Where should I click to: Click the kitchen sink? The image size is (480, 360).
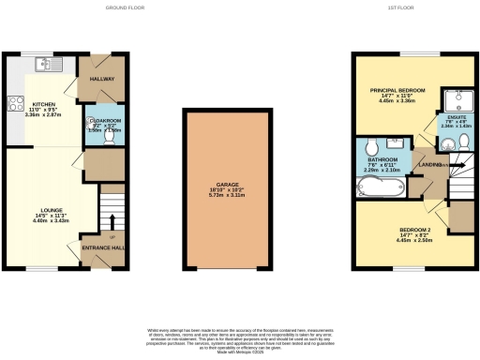pos(43,64)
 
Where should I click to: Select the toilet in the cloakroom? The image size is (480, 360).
pos(109,137)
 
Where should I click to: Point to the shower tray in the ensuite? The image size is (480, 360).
pos(457,99)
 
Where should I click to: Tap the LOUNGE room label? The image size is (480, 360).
pos(51,210)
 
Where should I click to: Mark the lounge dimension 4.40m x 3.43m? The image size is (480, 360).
pos(51,221)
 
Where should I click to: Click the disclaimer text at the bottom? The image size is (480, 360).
pos(240,338)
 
